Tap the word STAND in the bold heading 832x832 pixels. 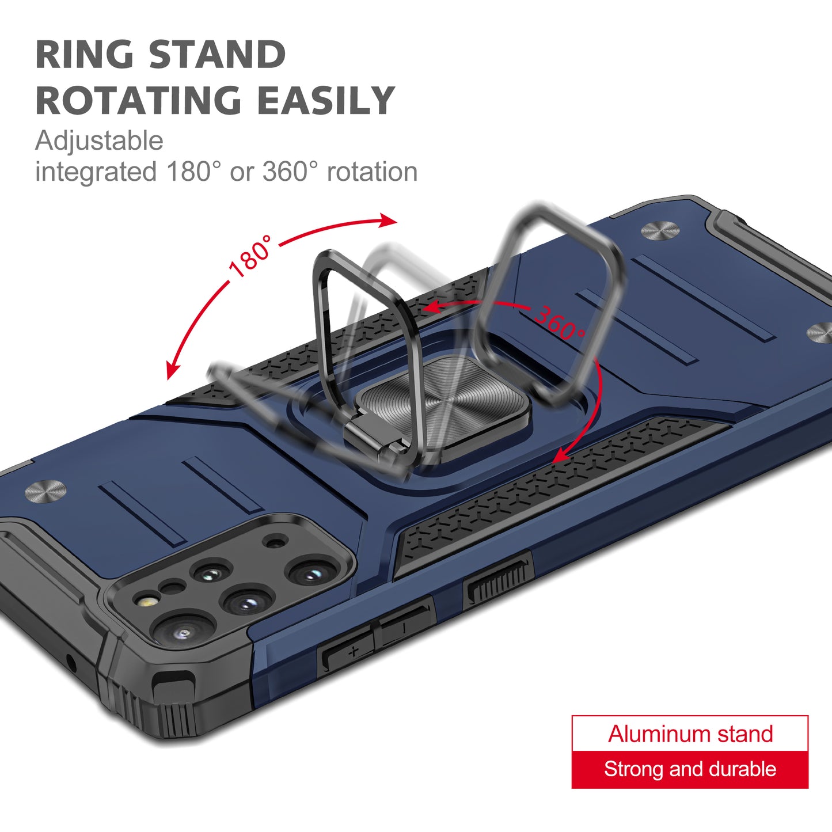(x=217, y=54)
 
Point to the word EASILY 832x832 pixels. (x=326, y=100)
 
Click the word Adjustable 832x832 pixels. (x=99, y=140)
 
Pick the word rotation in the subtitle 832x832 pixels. (x=372, y=172)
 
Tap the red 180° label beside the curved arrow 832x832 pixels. (x=251, y=256)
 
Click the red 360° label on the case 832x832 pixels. (x=560, y=323)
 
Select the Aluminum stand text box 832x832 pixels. (x=690, y=734)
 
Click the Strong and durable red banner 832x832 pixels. (x=690, y=769)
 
